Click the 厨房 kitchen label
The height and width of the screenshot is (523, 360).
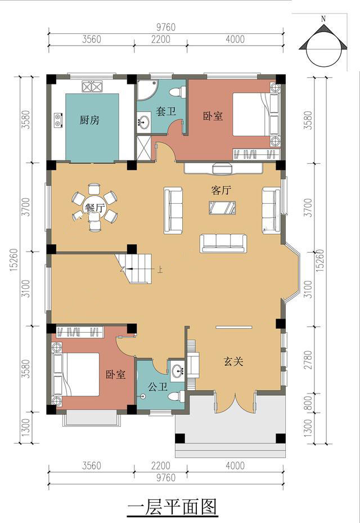click(x=89, y=120)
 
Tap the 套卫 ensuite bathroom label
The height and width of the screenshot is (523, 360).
click(x=166, y=111)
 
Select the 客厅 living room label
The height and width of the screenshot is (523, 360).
click(x=221, y=190)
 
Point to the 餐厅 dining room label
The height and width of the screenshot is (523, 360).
click(x=95, y=208)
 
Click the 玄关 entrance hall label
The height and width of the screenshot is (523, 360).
click(x=233, y=361)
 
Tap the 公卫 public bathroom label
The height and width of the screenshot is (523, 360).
click(x=157, y=387)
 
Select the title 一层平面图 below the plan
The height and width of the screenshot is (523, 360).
click(x=173, y=507)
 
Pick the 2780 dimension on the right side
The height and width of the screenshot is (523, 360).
click(x=309, y=359)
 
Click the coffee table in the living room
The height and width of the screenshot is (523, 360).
click(x=222, y=208)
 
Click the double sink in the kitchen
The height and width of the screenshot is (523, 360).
click(x=92, y=87)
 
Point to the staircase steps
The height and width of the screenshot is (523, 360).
click(x=135, y=268)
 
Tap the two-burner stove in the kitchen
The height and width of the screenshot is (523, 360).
click(x=58, y=120)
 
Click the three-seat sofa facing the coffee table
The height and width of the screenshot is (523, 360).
click(x=224, y=243)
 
